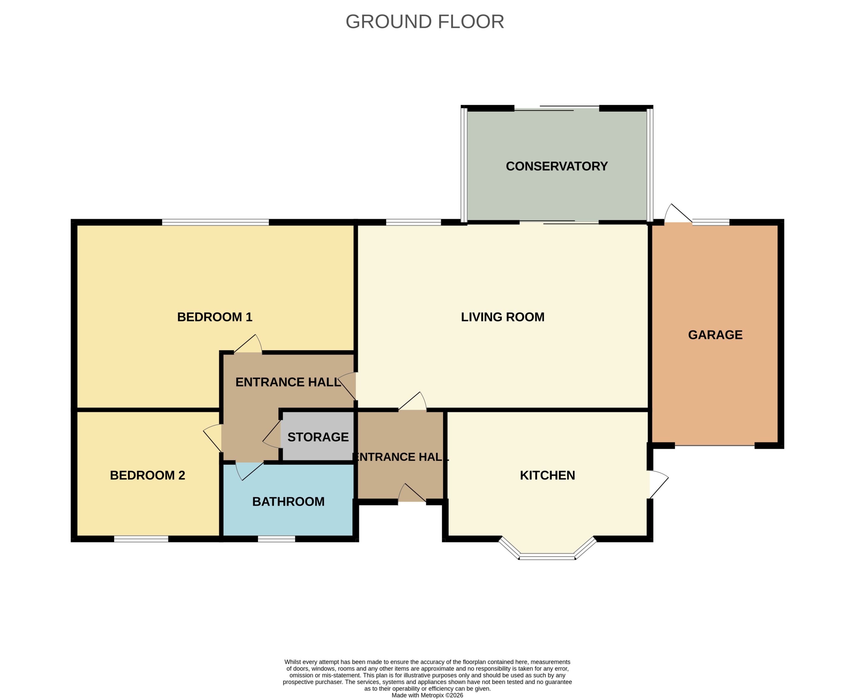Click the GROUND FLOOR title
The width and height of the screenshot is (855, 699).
click(425, 22)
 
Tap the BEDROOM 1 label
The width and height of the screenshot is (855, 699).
click(215, 317)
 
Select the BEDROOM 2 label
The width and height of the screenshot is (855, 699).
click(147, 475)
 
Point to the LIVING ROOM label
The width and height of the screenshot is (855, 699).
click(502, 317)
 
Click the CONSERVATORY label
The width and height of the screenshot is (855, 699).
click(557, 166)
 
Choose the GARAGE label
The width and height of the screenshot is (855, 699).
click(715, 335)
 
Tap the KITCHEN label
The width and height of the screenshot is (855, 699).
click(547, 475)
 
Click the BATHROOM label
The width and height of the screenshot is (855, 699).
click(288, 501)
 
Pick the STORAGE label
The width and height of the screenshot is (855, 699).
click(318, 437)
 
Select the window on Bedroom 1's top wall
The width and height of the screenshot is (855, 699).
click(215, 222)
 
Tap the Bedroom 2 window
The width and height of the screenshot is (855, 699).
click(141, 539)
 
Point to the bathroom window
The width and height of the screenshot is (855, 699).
click(277, 539)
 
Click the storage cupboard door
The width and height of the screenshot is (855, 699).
click(272, 434)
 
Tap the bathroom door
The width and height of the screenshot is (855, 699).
click(249, 471)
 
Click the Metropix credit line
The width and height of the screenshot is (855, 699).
click(427, 695)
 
